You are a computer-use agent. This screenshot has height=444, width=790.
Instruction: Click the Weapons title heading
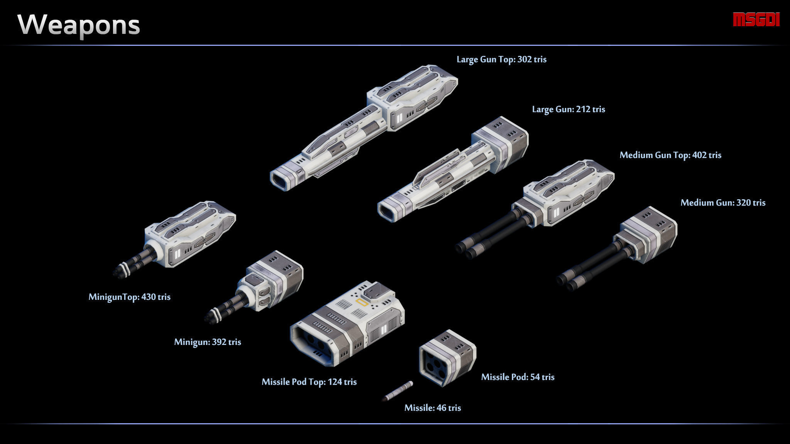79,25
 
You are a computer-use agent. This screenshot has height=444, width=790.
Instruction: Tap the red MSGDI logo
756,20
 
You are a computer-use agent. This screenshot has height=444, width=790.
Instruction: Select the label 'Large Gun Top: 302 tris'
501,59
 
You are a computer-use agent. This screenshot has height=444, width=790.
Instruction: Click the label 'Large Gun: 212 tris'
569,109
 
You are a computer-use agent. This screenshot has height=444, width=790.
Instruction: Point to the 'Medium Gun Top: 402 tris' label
670,155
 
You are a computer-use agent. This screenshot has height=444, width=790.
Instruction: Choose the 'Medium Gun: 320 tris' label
723,203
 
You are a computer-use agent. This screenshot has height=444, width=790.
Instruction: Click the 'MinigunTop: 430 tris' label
130,297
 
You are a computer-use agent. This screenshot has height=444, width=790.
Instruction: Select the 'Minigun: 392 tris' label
208,342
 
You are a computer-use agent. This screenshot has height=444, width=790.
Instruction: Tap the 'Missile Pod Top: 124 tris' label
309,382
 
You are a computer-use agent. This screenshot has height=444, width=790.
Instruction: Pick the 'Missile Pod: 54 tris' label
518,377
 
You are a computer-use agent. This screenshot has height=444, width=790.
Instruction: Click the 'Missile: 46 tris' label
432,408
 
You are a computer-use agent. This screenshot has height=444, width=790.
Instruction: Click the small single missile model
398,391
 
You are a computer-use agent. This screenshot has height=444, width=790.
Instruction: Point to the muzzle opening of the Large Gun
388,212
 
